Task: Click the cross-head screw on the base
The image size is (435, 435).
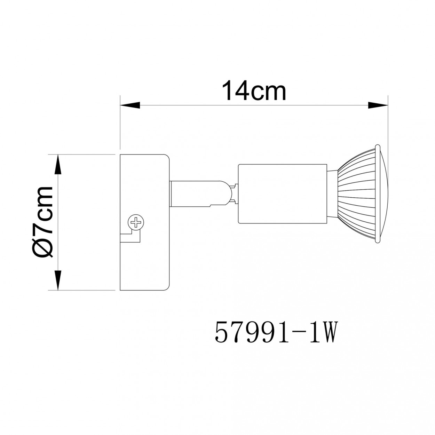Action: pyautogui.click(x=136, y=222)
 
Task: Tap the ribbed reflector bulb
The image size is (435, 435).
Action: pyautogui.click(x=360, y=194)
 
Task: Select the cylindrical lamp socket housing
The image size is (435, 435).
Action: pyautogui.click(x=282, y=194)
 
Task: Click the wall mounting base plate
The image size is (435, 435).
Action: pyautogui.click(x=144, y=222)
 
